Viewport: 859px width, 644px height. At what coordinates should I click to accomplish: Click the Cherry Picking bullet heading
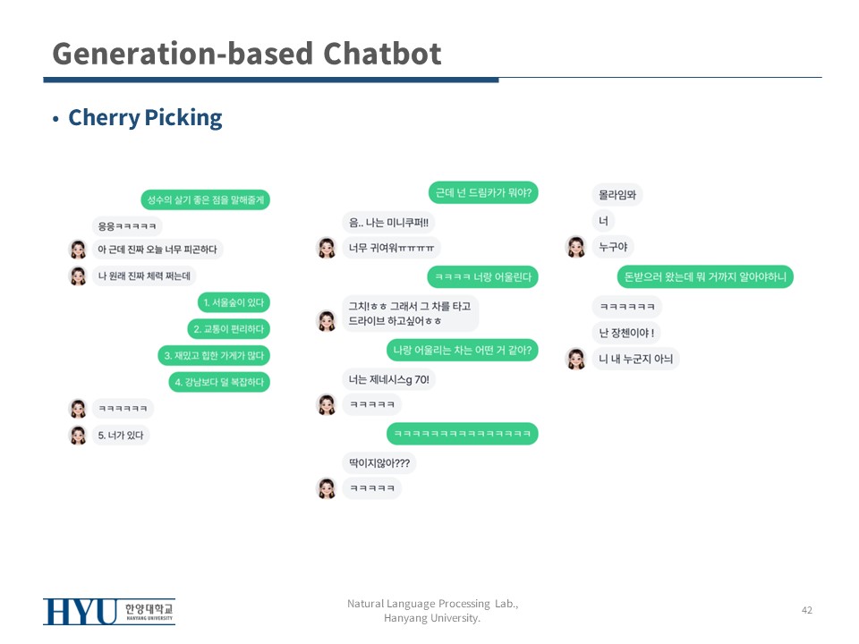point(145,118)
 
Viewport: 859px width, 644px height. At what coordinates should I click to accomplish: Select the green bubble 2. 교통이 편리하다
point(228,329)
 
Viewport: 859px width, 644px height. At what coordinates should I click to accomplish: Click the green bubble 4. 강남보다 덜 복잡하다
point(219,382)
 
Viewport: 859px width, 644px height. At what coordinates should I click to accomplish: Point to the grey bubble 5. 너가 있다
point(121,436)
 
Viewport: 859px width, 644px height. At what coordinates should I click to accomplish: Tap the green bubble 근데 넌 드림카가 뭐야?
point(483,192)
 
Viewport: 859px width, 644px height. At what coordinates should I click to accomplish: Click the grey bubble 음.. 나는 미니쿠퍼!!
point(388,223)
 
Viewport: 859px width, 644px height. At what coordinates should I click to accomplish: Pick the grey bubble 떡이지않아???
point(378,463)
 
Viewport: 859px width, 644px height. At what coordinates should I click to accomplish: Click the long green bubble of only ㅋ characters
point(462,434)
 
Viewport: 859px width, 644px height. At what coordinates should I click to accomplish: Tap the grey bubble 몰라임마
point(617,194)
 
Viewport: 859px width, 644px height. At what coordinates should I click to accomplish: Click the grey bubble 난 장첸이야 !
point(626,334)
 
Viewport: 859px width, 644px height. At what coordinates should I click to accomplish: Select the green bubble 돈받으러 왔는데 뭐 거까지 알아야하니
point(705,277)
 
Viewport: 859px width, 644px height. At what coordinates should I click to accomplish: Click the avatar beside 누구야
point(576,247)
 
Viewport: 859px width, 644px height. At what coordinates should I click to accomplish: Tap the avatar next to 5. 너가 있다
point(78,436)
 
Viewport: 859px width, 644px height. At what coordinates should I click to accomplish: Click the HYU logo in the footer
point(108,612)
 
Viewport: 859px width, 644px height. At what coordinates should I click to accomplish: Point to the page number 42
point(807,610)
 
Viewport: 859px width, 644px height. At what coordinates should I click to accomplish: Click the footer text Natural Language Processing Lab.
point(432,605)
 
